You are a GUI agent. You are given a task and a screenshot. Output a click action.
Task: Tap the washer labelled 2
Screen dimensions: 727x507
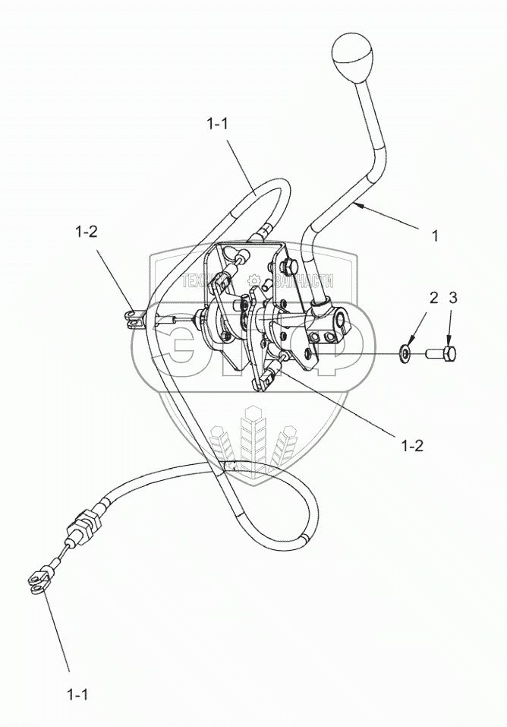[x=405, y=352]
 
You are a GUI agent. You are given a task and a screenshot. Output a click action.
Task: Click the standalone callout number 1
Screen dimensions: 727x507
[x=435, y=236]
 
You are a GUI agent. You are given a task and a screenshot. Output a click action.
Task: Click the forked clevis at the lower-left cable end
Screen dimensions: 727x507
[x=38, y=583]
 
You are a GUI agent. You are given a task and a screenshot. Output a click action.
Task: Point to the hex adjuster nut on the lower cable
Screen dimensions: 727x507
[x=83, y=526]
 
